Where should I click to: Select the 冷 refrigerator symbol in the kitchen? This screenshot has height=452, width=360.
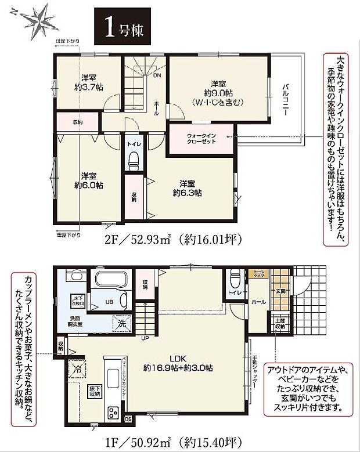click(x=76, y=367)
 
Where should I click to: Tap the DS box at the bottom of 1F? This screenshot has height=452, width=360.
click(x=128, y=418)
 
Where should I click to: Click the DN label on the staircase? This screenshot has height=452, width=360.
click(x=156, y=74)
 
